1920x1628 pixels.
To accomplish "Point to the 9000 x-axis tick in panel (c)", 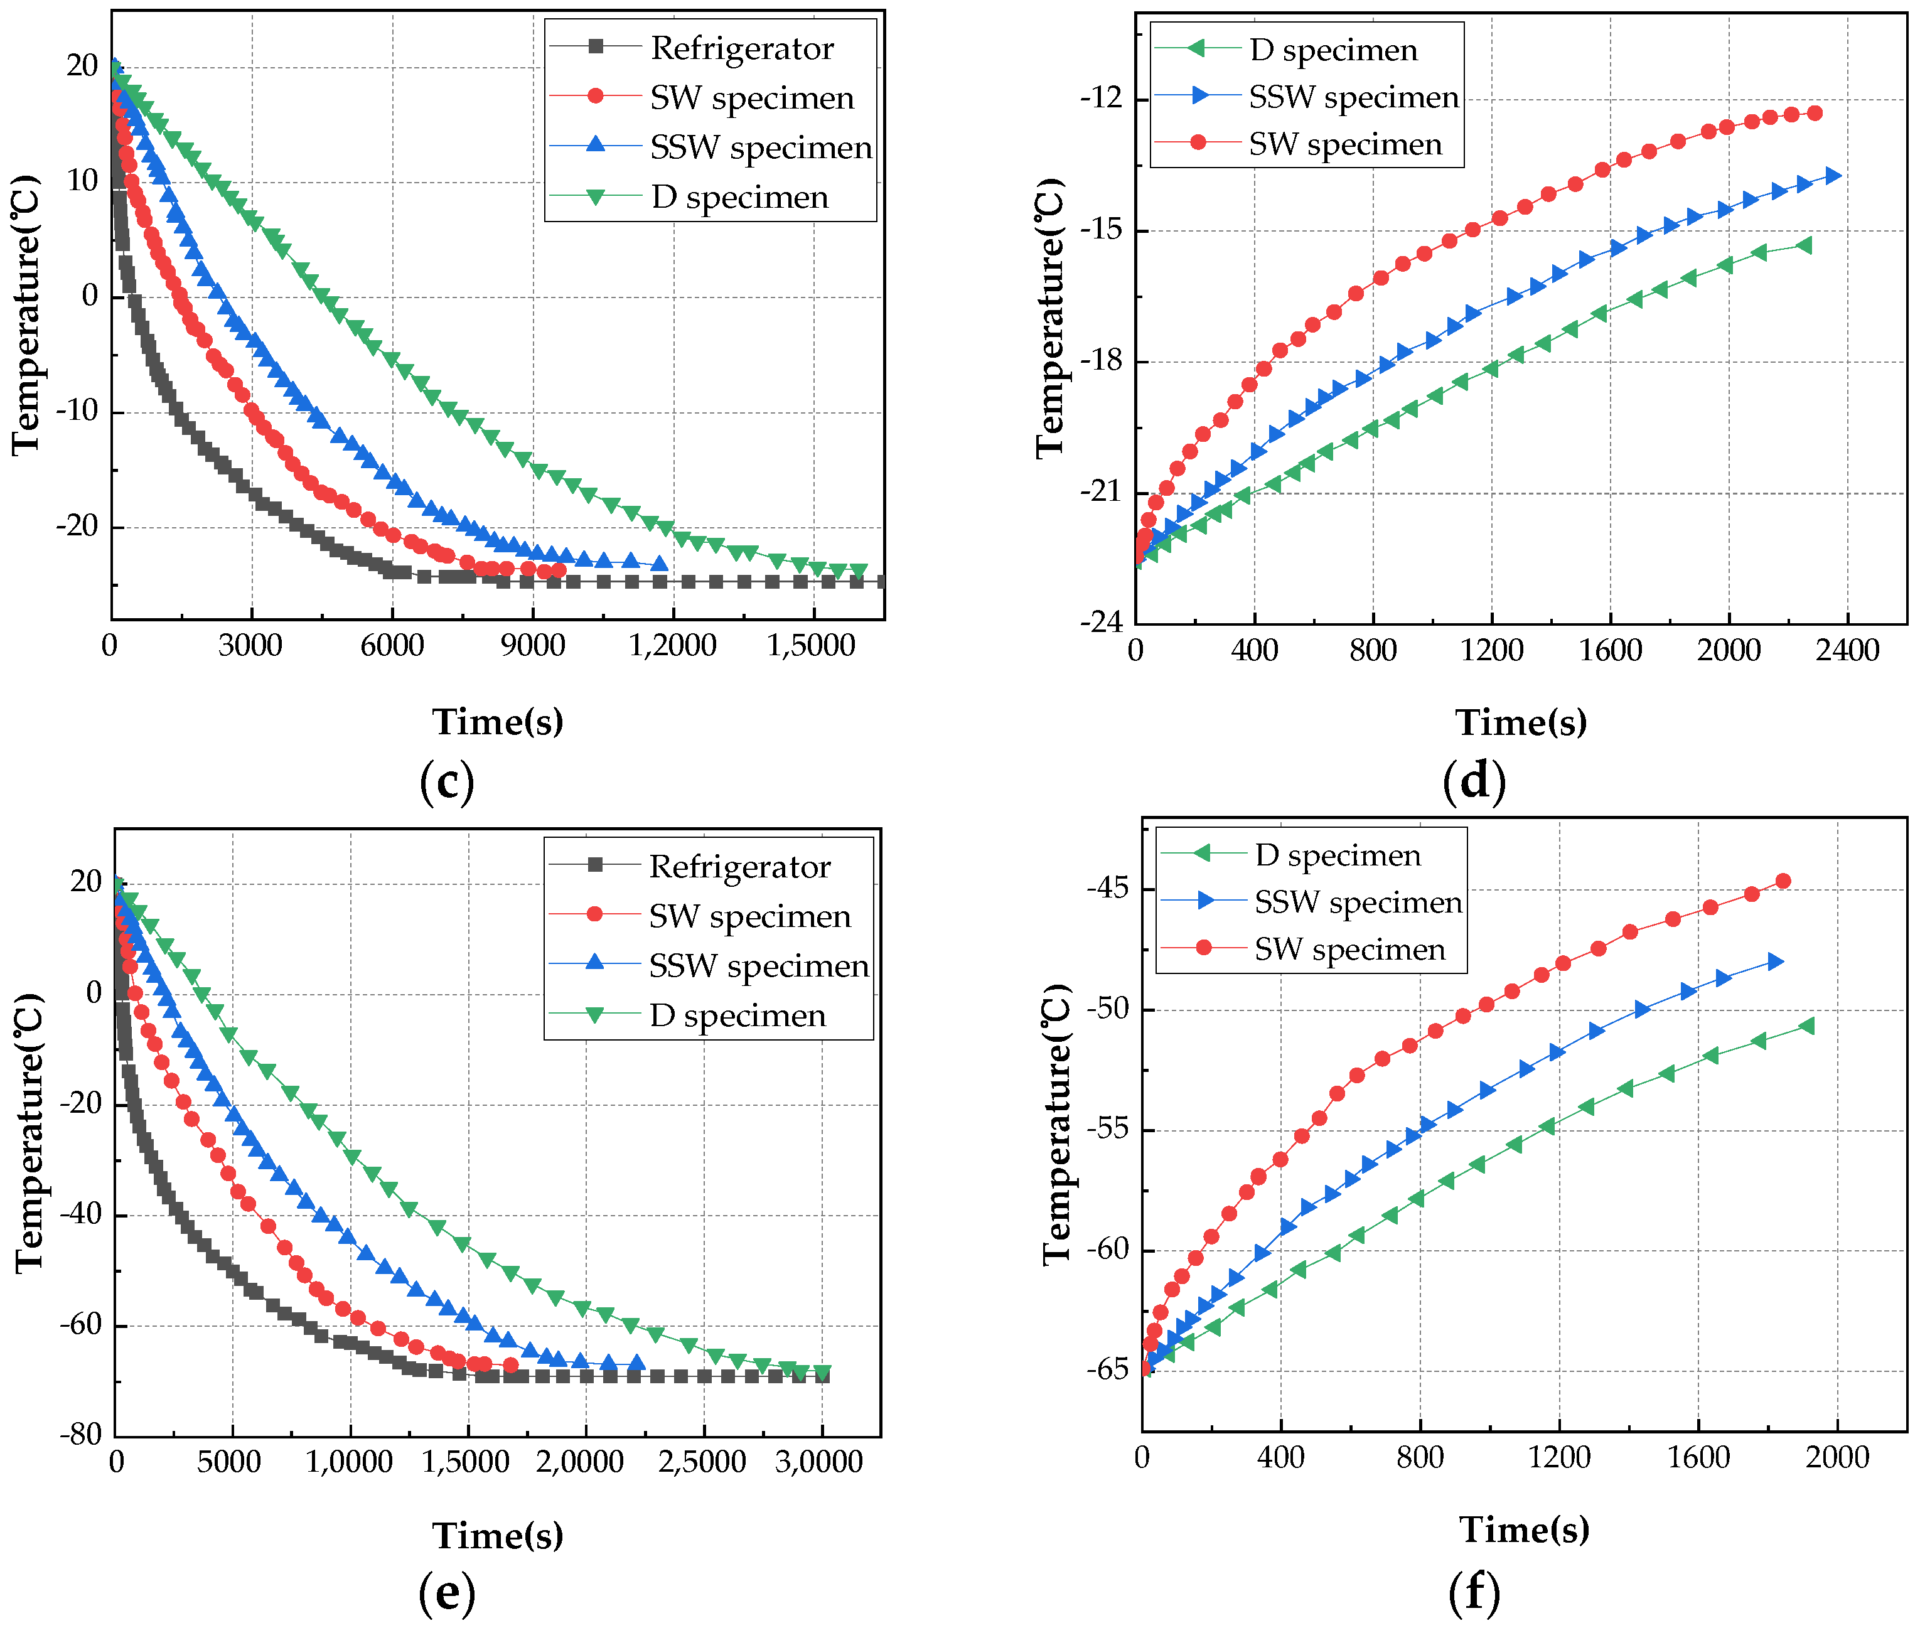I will click(533, 646).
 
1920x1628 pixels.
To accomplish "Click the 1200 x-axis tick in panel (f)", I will click(1559, 1457).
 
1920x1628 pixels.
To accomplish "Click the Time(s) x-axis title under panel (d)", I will click(1520, 722).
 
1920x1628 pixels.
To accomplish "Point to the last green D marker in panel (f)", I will click(1806, 1026).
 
